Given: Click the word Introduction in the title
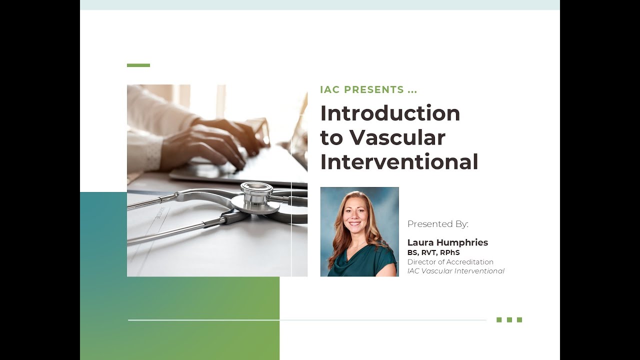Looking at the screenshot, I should (x=390, y=113).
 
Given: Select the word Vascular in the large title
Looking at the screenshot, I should (x=397, y=137).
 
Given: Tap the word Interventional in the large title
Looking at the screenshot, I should (x=399, y=162).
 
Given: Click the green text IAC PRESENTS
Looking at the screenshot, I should (x=362, y=90).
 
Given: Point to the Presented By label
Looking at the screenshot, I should (x=437, y=224).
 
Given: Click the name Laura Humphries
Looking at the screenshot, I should (x=447, y=242).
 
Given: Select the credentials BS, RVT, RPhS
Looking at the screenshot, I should (x=433, y=253).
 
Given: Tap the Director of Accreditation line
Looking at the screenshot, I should (x=450, y=262).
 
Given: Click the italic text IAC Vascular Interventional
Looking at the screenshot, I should (x=455, y=271).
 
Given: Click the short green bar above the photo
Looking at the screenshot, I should (x=138, y=65).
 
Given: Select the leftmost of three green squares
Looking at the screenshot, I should (x=499, y=320).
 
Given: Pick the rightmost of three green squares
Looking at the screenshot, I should (x=519, y=320).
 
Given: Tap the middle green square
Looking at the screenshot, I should (x=509, y=320).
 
